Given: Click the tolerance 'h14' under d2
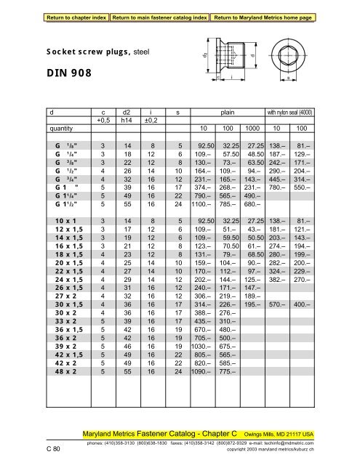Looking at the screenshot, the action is coord(121,120).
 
